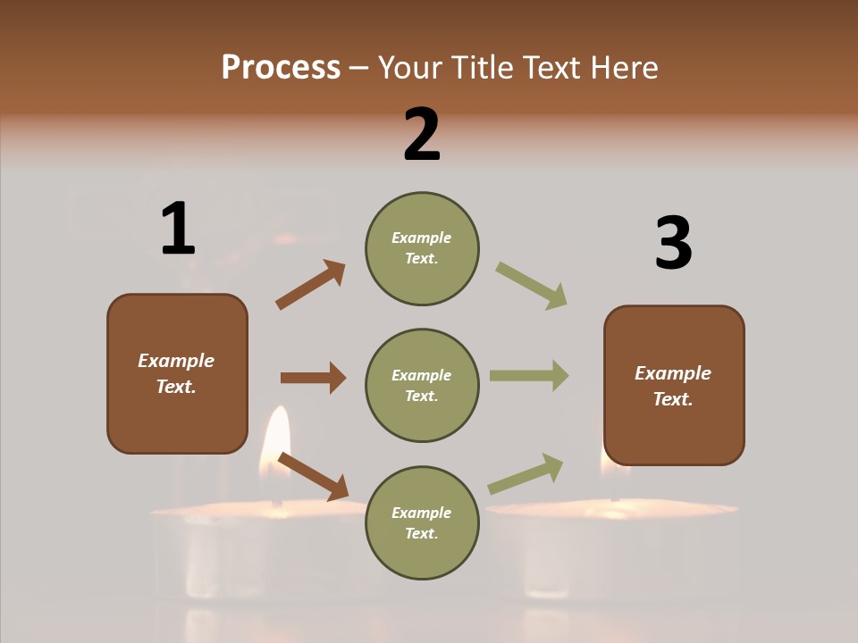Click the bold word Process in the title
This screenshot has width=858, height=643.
[281, 68]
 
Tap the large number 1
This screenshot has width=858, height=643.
[178, 230]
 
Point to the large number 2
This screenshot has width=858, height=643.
[422, 136]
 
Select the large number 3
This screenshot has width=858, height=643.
[674, 244]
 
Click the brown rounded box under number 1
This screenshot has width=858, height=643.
[177, 373]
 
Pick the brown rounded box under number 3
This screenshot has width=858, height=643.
[674, 386]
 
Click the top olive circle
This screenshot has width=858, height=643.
[422, 248]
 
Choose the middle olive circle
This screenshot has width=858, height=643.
[422, 386]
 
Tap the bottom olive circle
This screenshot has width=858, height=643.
[422, 523]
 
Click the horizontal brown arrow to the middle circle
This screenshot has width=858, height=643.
[313, 378]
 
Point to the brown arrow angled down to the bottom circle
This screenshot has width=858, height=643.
[313, 476]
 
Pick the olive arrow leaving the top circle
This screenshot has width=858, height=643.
[531, 286]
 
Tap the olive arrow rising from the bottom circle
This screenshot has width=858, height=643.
[526, 474]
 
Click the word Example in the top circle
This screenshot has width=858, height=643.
[422, 238]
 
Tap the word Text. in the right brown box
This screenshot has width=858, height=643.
[673, 399]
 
